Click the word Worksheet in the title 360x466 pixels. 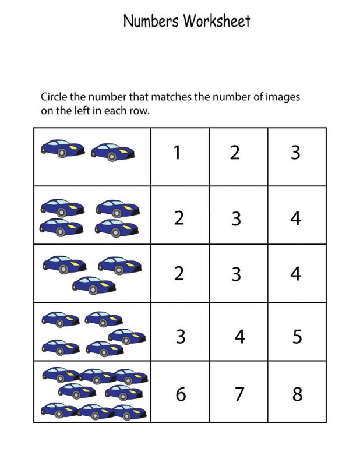pyautogui.click(x=217, y=22)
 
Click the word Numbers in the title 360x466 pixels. pyautogui.click(x=151, y=22)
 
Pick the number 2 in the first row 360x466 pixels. pyautogui.click(x=235, y=153)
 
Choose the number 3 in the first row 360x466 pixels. pyautogui.click(x=295, y=153)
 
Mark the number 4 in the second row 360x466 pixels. pyautogui.click(x=295, y=218)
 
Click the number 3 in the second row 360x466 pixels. pyautogui.click(x=236, y=218)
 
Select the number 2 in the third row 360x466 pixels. pyautogui.click(x=179, y=273)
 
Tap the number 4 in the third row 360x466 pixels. pyautogui.click(x=295, y=273)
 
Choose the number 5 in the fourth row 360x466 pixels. pyautogui.click(x=297, y=337)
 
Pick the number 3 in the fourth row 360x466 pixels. pyautogui.click(x=181, y=337)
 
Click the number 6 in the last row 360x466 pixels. pyautogui.click(x=181, y=394)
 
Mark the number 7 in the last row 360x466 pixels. pyautogui.click(x=239, y=394)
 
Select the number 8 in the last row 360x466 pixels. pyautogui.click(x=297, y=394)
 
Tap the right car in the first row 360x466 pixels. pyautogui.click(x=114, y=151)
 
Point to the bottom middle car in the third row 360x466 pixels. pyautogui.click(x=93, y=284)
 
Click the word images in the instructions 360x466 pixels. pyautogui.click(x=283, y=97)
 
